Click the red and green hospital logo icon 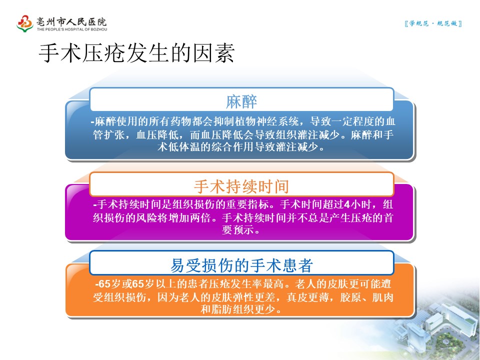point(25,23)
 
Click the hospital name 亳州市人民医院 point(71,21)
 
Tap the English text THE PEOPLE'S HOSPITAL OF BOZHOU point(72,29)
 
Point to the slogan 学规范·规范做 point(433,23)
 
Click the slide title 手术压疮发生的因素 point(137,53)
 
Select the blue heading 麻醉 point(241,101)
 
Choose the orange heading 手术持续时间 point(241,186)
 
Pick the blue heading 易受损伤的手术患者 point(241,265)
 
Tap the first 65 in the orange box point(104,284)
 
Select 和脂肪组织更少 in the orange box point(238,309)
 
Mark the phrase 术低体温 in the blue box point(179,147)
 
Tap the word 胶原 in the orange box point(351,297)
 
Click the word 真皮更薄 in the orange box point(308,297)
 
